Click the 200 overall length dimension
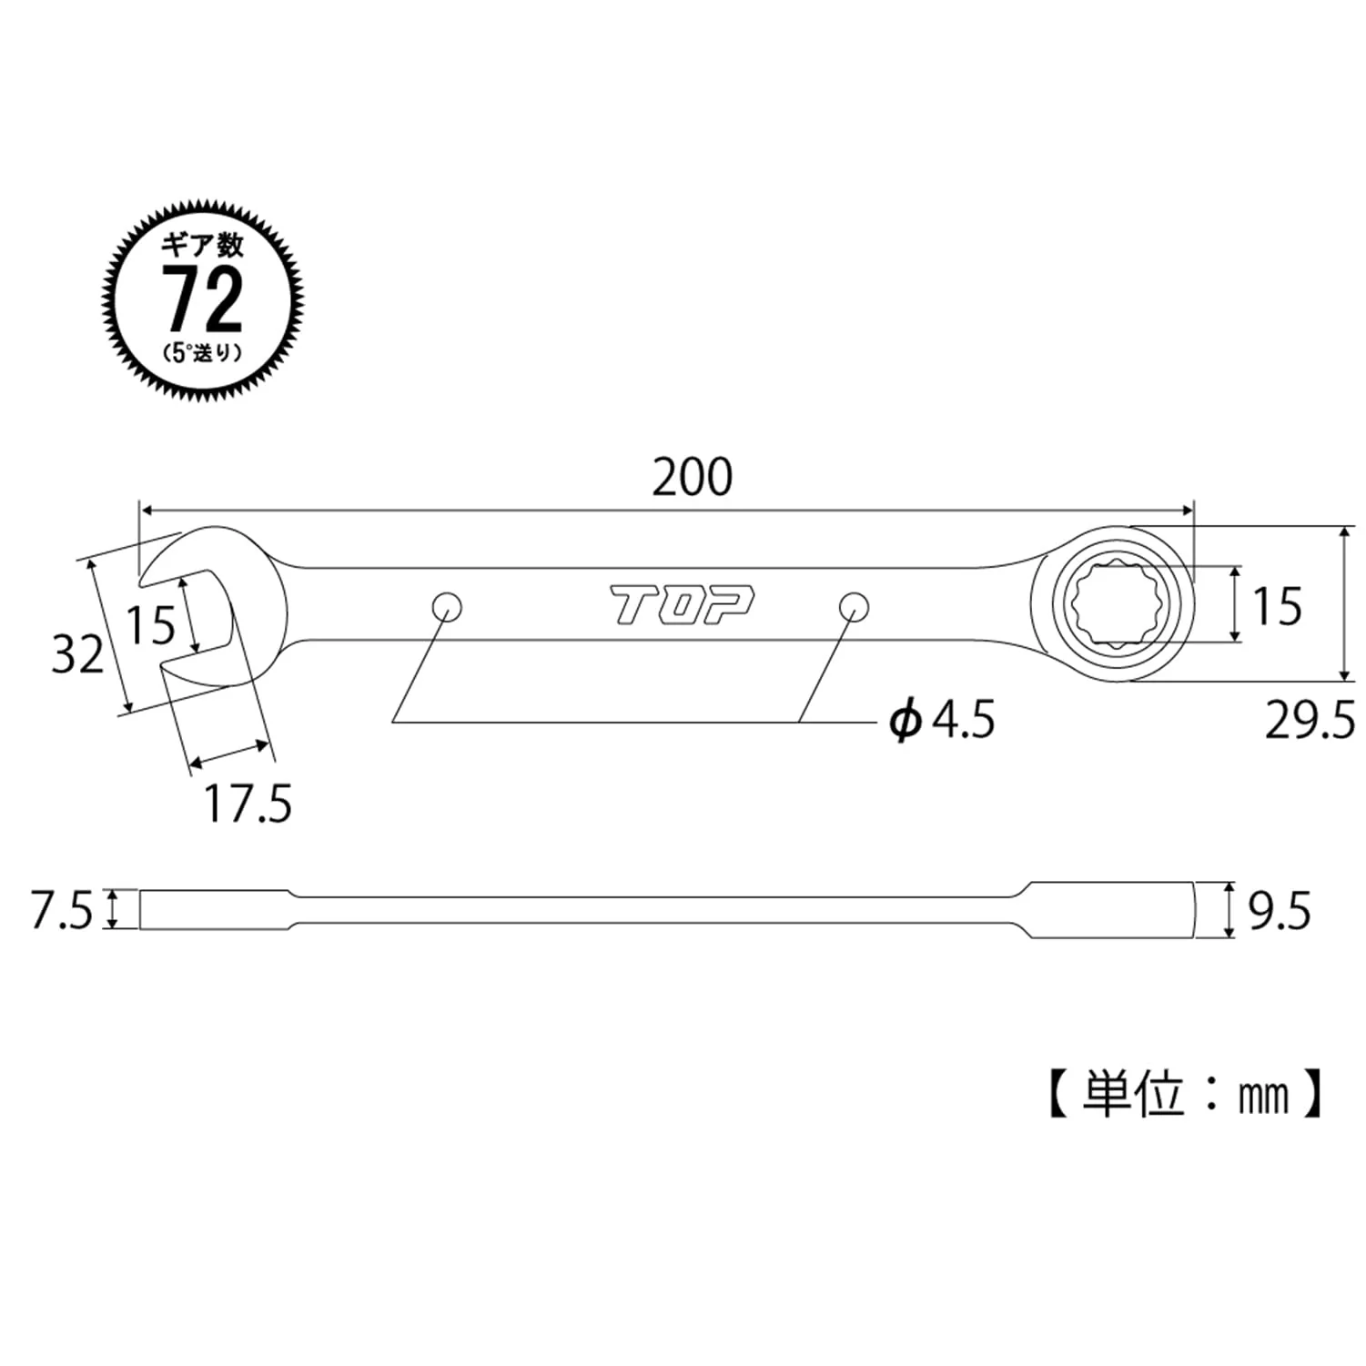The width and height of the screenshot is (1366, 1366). pos(693,478)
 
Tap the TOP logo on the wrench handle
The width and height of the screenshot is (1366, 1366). pos(682,605)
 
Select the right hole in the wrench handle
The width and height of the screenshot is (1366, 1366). pos(853,605)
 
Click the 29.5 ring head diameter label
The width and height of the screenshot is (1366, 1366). pos(1310,721)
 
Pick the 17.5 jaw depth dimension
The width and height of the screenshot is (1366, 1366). pos(248,804)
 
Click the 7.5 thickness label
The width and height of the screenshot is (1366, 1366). pos(62,911)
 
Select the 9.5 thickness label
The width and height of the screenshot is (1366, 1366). pos(1280,911)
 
